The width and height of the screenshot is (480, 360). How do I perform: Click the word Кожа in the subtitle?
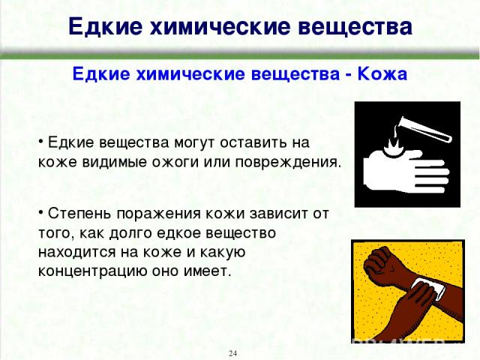[382, 74]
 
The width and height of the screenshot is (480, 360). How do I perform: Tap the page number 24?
[232, 353]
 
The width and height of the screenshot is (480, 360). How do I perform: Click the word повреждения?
[288, 162]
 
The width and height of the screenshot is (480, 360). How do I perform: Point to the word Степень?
[79, 213]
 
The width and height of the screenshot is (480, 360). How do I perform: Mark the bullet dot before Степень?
[40, 212]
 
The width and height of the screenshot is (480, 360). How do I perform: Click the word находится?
[76, 252]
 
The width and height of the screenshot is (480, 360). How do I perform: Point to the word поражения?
[158, 214]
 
